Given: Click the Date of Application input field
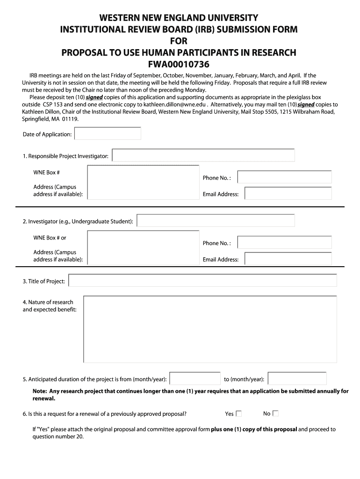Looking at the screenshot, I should pyautogui.click(x=108, y=134).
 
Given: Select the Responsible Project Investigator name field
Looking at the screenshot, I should pyautogui.click(x=203, y=155).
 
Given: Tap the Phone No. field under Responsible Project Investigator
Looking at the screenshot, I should pyautogui.click(x=285, y=177).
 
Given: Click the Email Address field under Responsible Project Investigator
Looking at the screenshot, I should pyautogui.click(x=288, y=194).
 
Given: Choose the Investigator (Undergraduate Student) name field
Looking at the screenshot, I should pyautogui.click(x=216, y=221).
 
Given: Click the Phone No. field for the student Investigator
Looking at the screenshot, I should pyautogui.click(x=285, y=243).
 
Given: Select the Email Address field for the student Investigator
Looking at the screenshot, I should pyautogui.click(x=288, y=259).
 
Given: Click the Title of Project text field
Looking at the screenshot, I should pyautogui.click(x=202, y=281).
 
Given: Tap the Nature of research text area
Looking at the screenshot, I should pyautogui.click(x=210, y=329).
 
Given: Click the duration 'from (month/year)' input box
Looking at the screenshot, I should pyautogui.click(x=194, y=379).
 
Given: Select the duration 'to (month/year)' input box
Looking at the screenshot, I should pyautogui.click(x=297, y=379).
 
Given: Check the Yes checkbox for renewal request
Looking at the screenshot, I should pyautogui.click(x=239, y=414).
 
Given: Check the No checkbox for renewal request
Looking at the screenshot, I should pyautogui.click(x=275, y=414).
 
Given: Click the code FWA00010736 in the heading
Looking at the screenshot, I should pyautogui.click(x=179, y=64).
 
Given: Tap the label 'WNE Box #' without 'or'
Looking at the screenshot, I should pyautogui.click(x=46, y=173).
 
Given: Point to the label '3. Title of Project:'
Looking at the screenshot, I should pyautogui.click(x=43, y=281).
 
